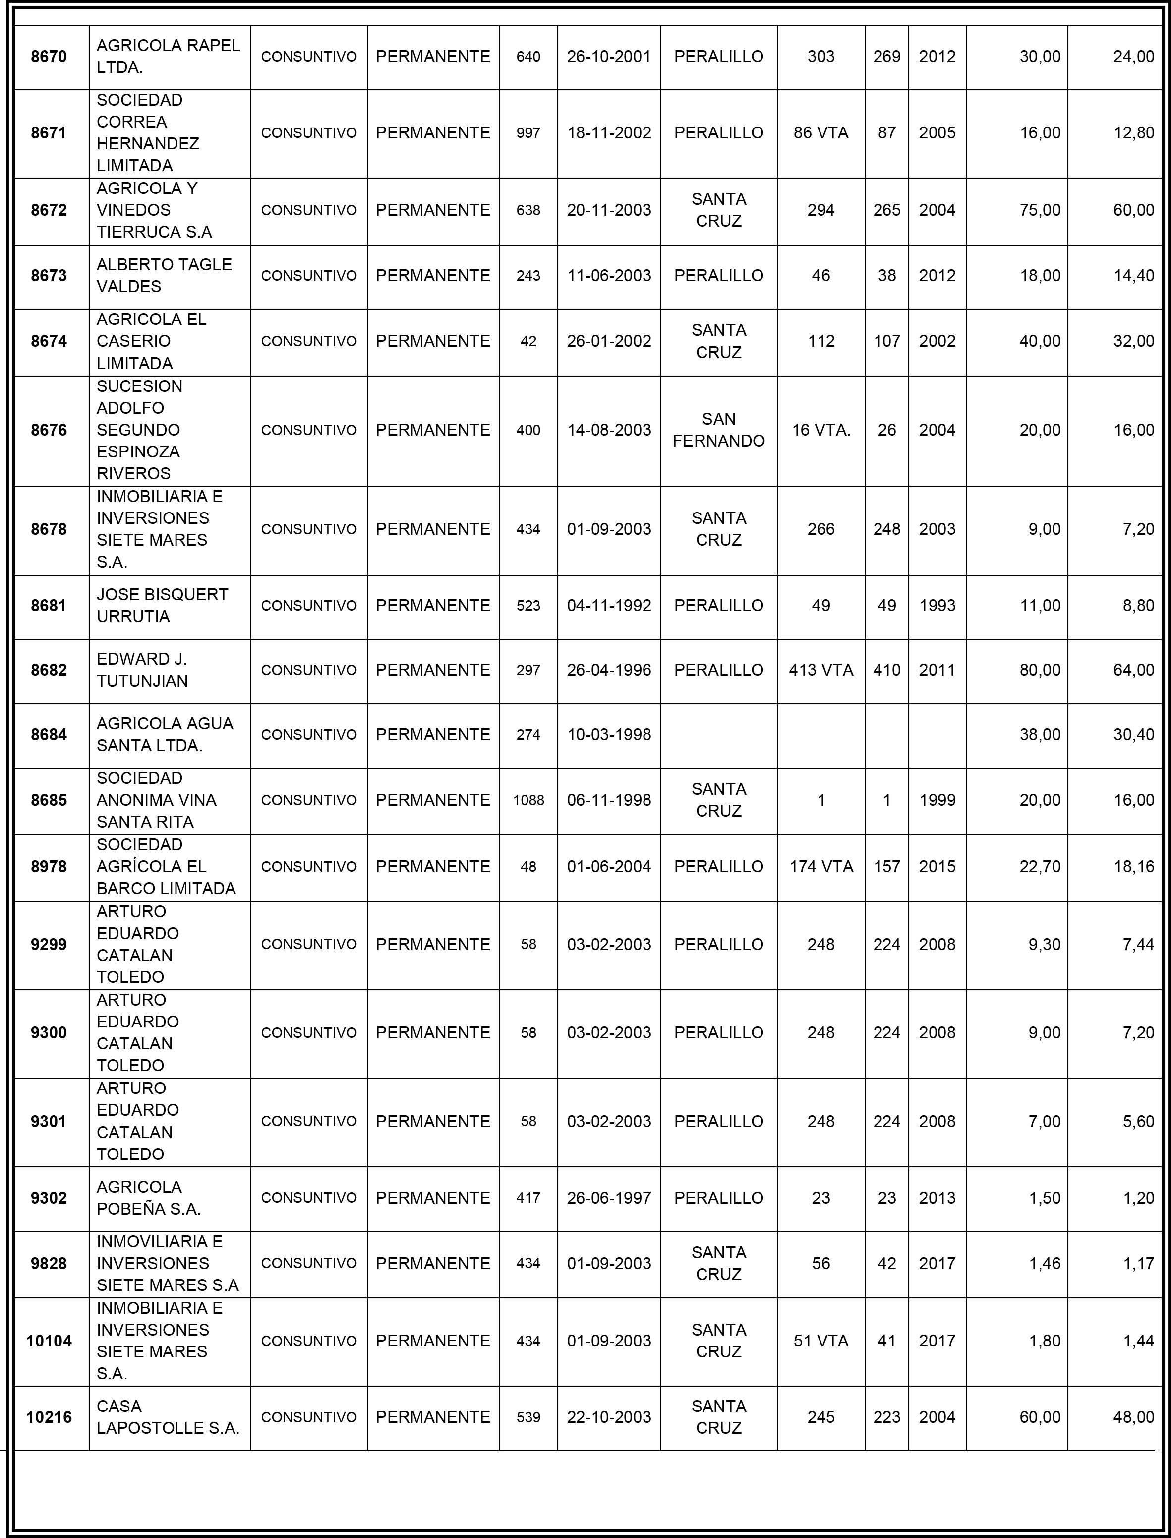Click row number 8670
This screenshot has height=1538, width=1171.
(49, 57)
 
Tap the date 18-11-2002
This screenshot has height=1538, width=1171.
(608, 132)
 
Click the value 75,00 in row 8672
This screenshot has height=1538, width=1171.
(1039, 210)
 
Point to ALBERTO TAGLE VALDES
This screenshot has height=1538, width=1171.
(164, 275)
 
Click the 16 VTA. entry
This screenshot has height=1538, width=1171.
(820, 430)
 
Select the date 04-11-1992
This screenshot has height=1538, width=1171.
(608, 605)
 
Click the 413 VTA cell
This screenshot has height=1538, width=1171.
(820, 670)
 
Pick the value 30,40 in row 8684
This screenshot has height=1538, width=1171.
(1133, 734)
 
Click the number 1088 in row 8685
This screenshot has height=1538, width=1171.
(528, 800)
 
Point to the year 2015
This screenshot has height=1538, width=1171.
(937, 866)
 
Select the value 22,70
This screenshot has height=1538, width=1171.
(1039, 866)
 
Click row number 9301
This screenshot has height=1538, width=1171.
(49, 1122)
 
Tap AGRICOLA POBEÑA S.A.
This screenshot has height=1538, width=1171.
(148, 1198)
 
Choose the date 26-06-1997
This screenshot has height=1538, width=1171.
(608, 1198)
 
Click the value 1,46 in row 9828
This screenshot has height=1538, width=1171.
(1044, 1263)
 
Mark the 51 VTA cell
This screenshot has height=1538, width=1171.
(820, 1341)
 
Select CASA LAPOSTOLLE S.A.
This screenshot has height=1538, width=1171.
(167, 1417)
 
